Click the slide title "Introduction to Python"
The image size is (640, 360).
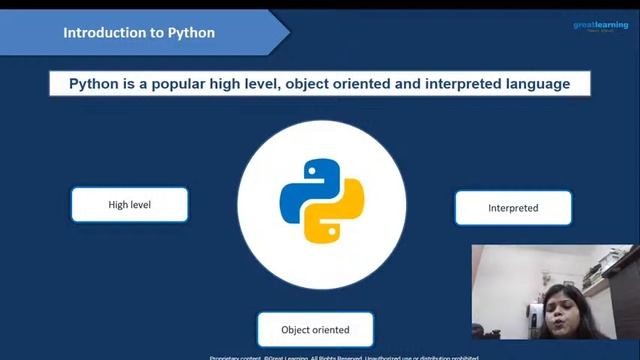[x=139, y=32]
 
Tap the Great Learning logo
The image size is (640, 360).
[x=600, y=26]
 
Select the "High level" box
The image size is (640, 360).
[x=130, y=205]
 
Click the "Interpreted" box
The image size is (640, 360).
[x=513, y=208]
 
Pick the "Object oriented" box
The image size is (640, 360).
[x=315, y=330]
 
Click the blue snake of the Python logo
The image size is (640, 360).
[x=307, y=185]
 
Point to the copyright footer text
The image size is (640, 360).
[x=345, y=357]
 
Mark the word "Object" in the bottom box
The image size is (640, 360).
[x=296, y=330]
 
